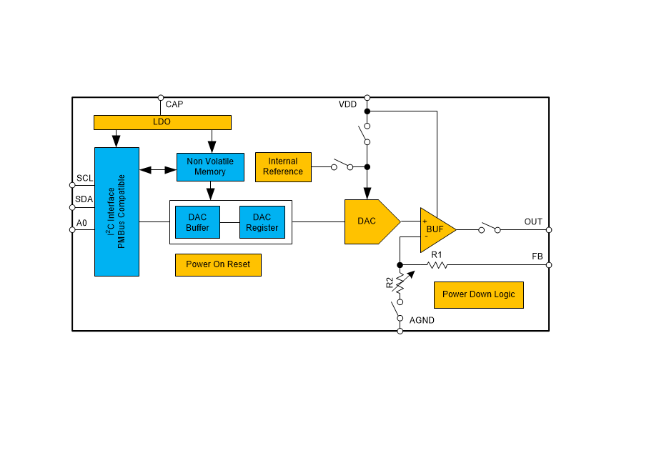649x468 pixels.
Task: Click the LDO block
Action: pyautogui.click(x=162, y=122)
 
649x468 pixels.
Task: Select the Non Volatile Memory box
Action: pyautogui.click(x=210, y=166)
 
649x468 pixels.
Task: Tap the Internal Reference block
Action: pyautogui.click(x=283, y=166)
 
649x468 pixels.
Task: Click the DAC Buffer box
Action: pyautogui.click(x=197, y=222)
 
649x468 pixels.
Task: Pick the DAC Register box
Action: pyautogui.click(x=262, y=222)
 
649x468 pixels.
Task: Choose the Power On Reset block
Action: pyautogui.click(x=218, y=264)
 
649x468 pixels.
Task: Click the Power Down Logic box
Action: pyautogui.click(x=478, y=294)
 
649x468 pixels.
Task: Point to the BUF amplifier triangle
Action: pyautogui.click(x=435, y=229)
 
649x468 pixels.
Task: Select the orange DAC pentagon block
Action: pyautogui.click(x=370, y=221)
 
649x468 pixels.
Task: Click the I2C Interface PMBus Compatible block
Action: pyautogui.click(x=117, y=211)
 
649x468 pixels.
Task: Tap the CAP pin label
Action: pyautogui.click(x=174, y=104)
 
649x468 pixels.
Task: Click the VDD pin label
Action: pyautogui.click(x=347, y=104)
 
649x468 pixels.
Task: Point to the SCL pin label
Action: pyautogui.click(x=84, y=178)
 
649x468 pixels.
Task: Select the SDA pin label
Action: pyautogui.click(x=84, y=199)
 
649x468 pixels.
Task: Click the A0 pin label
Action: pyautogui.click(x=81, y=223)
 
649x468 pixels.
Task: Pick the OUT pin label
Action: pyautogui.click(x=533, y=221)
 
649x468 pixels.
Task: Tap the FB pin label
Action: pyautogui.click(x=537, y=256)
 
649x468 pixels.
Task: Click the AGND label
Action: pyautogui.click(x=422, y=320)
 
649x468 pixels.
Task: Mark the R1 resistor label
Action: pyautogui.click(x=436, y=254)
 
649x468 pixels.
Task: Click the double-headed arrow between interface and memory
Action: pyautogui.click(x=158, y=169)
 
